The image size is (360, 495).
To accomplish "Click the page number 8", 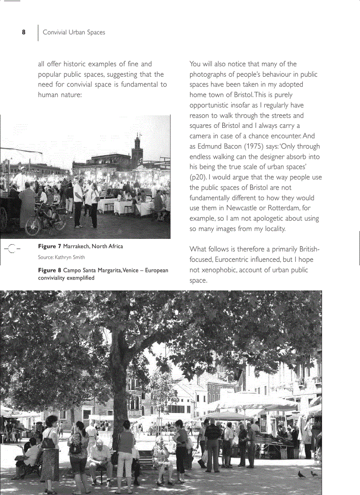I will pos(24,32).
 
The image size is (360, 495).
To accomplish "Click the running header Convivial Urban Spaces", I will pos(74,32).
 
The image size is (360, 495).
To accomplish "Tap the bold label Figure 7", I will pos(49,246).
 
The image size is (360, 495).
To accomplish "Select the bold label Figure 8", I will pos(49,270).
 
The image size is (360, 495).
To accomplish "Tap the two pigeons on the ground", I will pos(307,474).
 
